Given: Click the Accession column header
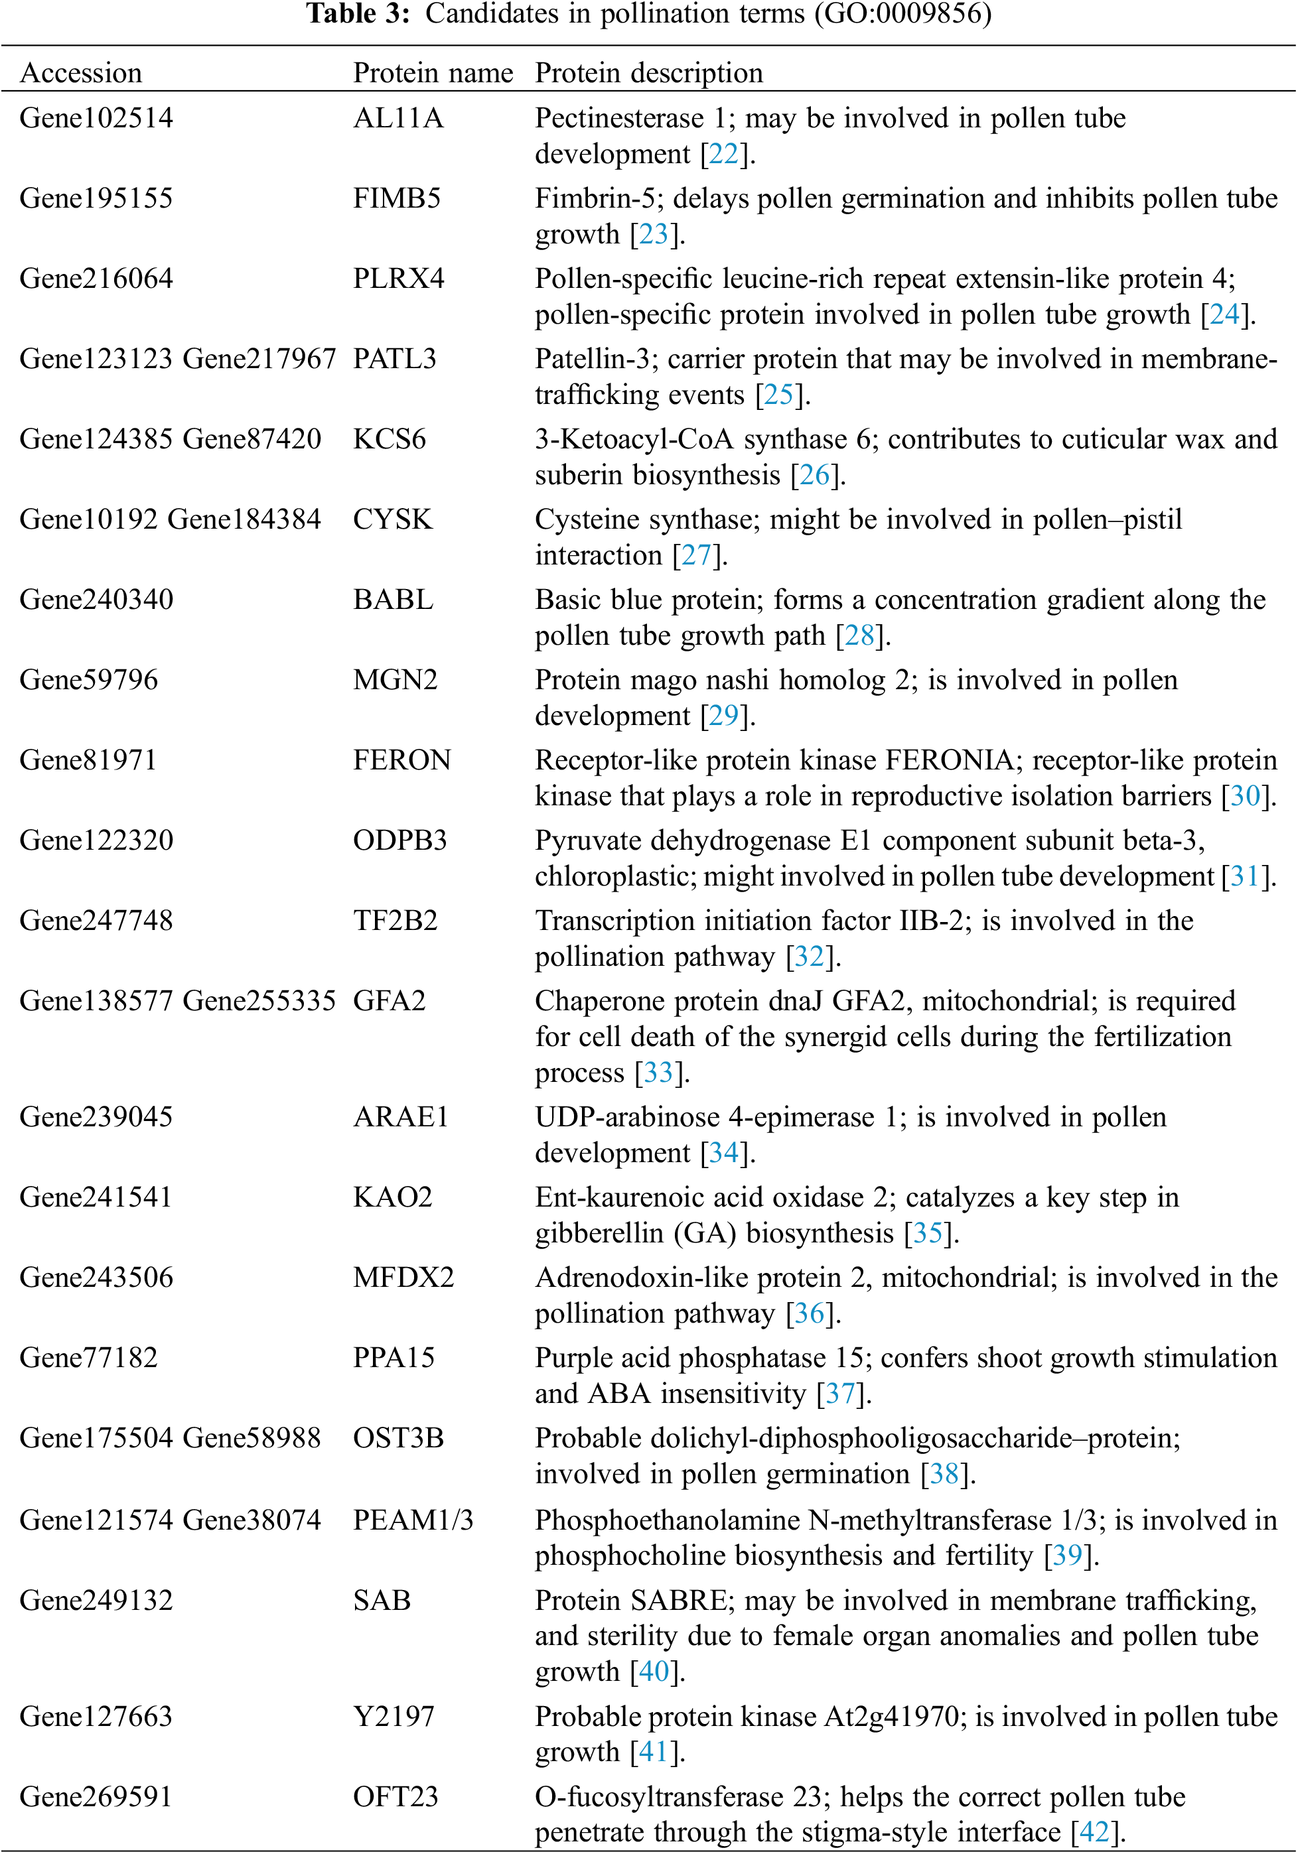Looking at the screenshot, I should tap(81, 73).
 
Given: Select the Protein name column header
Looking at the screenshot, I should tap(433, 73).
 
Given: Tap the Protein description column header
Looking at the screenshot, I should tap(648, 73).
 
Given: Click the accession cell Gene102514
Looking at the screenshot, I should tap(96, 118).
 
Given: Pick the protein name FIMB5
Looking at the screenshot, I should tap(397, 198).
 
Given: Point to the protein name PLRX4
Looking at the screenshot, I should tap(398, 279).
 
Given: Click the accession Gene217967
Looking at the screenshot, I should tap(259, 358).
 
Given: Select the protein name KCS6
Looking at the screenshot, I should tap(390, 439).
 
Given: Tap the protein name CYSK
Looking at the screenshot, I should tap(393, 519).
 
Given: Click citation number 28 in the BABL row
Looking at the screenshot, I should tap(859, 635).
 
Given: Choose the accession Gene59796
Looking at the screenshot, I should tap(89, 680).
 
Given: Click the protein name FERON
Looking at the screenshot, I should tap(401, 760).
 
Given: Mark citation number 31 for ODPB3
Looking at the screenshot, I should tap(1244, 876).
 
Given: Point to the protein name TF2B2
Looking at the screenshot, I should tap(395, 921).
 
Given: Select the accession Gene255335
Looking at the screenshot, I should tap(259, 1001).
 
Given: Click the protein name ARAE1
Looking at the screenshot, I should tap(401, 1117).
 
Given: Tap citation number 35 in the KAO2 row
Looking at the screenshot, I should tap(927, 1233).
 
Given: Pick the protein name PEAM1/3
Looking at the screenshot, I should tap(413, 1520).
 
